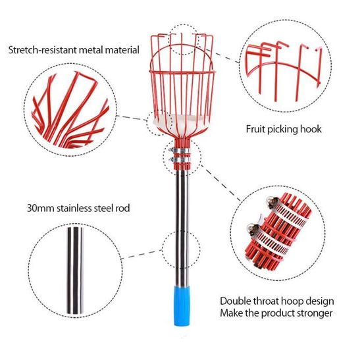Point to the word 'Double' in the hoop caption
click(236, 299)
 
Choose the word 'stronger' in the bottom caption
click(310, 313)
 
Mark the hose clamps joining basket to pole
click(180, 154)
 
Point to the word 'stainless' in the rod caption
click(76, 208)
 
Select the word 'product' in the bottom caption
click(274, 313)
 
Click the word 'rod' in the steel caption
click(122, 208)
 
